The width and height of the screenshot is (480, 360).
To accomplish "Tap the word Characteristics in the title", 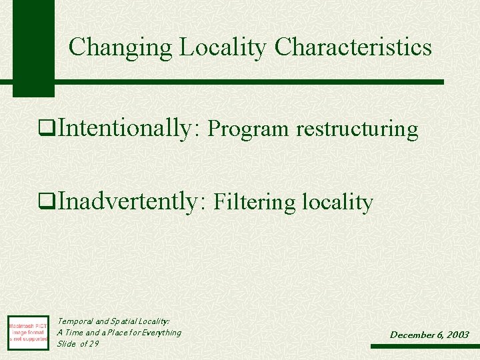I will click(x=353, y=47).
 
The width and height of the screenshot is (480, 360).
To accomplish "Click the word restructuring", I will click(x=357, y=129).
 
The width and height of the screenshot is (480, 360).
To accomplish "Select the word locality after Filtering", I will click(x=337, y=202).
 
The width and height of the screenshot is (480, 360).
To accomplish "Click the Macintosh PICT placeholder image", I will click(x=27, y=332).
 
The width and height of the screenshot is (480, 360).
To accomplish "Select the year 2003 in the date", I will click(x=457, y=335).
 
